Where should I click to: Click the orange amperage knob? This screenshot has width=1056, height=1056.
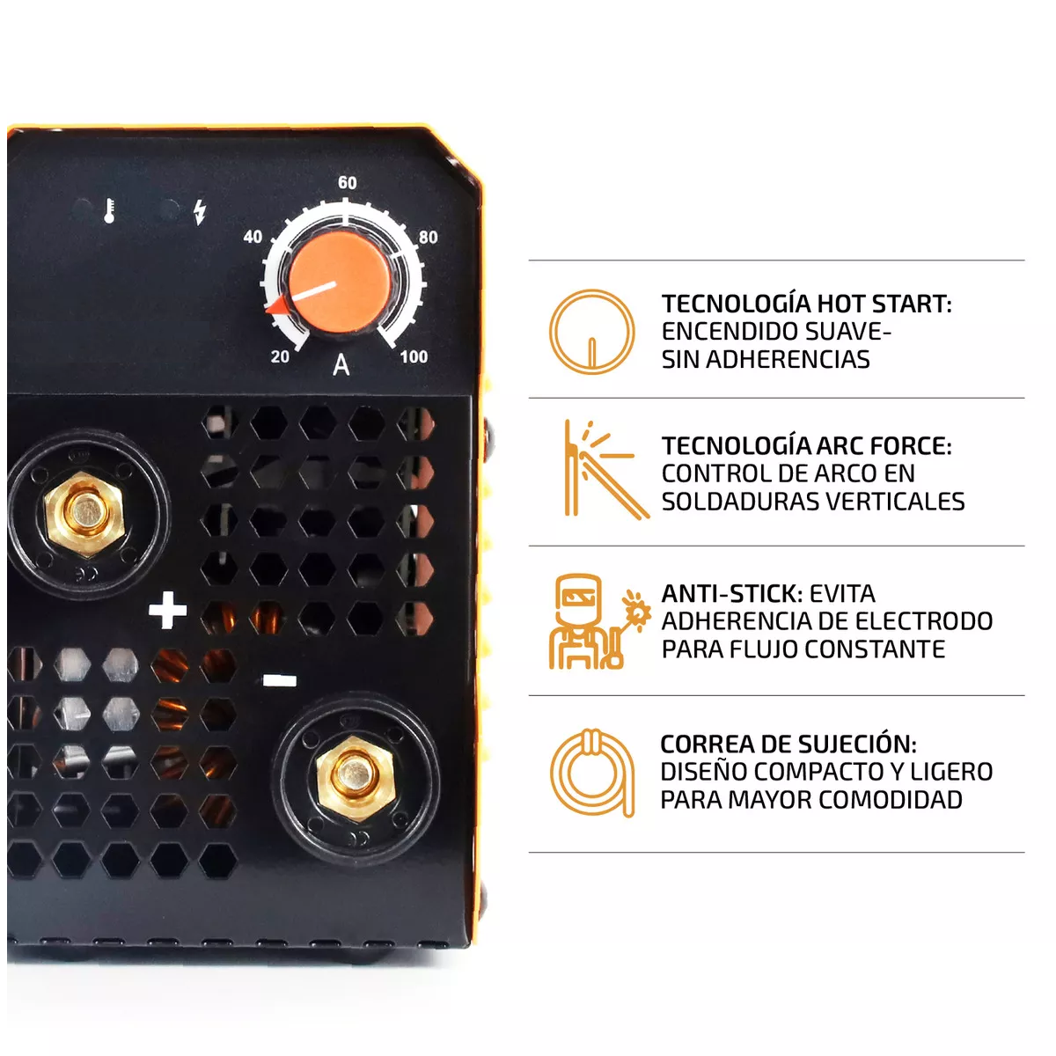point(340,282)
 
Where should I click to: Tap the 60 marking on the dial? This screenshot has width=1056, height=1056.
point(348,183)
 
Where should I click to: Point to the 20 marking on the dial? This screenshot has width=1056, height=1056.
point(280,356)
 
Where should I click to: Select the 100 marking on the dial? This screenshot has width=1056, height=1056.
point(414,356)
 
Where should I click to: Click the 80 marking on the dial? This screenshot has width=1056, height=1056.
point(428,238)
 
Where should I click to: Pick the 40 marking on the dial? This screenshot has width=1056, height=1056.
point(253,237)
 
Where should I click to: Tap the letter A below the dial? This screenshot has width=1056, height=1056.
point(341,365)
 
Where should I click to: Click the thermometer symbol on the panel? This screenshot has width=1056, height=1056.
point(109,211)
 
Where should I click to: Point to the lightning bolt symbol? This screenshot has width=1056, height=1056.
point(200,211)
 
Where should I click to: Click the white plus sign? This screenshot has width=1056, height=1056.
point(167,611)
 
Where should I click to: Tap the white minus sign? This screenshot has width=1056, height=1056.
point(280,680)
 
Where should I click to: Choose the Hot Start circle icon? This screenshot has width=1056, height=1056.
point(591,333)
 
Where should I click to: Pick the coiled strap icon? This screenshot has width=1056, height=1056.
point(592,773)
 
